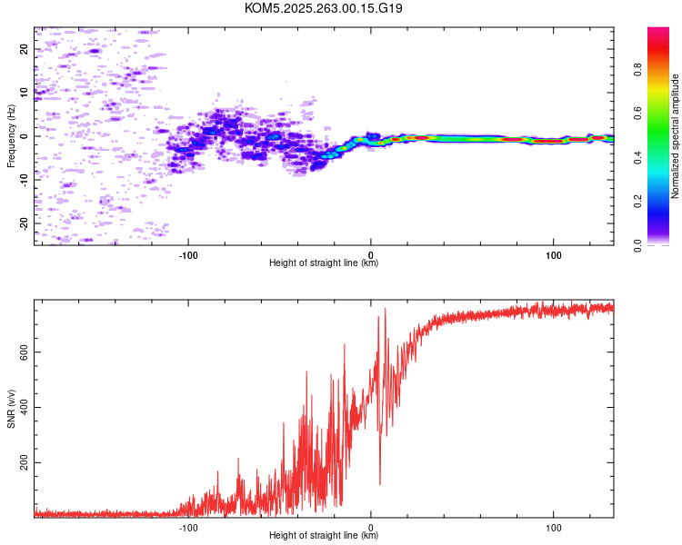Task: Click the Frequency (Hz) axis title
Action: pyautogui.click(x=11, y=136)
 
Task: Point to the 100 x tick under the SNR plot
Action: pyautogui.click(x=553, y=526)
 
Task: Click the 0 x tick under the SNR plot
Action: pyautogui.click(x=370, y=526)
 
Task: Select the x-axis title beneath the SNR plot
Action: pyautogui.click(x=324, y=536)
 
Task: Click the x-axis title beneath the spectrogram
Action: pyautogui.click(x=324, y=263)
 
